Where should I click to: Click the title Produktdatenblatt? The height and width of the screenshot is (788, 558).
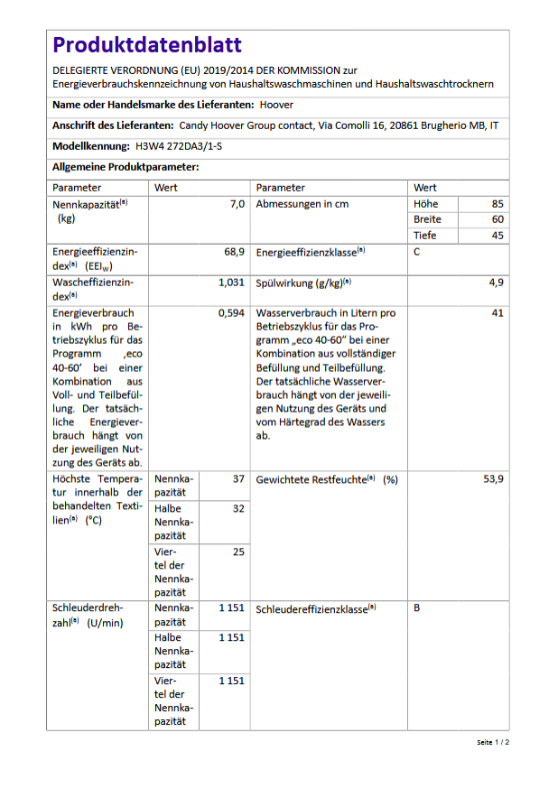click(x=146, y=45)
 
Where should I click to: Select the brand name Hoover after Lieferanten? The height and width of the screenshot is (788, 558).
click(x=275, y=105)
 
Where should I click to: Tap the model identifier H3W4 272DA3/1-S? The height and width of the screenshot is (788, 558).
click(x=179, y=146)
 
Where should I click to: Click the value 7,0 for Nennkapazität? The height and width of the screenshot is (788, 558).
click(x=237, y=204)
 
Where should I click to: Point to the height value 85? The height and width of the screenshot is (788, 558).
click(x=498, y=204)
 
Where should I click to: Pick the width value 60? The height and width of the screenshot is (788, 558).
click(x=498, y=219)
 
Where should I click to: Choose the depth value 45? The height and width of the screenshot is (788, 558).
click(x=498, y=236)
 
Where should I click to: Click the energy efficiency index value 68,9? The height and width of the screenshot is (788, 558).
click(x=234, y=252)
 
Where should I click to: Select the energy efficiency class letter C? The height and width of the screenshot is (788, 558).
click(x=417, y=252)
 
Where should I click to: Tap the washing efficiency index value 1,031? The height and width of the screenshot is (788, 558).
click(x=231, y=283)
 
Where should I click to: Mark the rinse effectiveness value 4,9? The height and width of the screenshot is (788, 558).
click(x=496, y=283)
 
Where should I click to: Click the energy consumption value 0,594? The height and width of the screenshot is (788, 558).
click(x=231, y=313)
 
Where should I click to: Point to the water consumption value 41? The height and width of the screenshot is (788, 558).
click(x=498, y=313)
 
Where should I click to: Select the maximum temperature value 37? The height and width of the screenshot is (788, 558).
click(x=238, y=479)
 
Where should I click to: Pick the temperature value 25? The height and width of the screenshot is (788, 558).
click(x=238, y=552)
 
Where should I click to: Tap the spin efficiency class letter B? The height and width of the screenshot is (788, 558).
click(x=417, y=608)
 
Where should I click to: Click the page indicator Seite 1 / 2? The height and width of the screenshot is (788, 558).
click(x=493, y=742)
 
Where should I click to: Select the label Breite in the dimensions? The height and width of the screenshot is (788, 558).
click(x=427, y=219)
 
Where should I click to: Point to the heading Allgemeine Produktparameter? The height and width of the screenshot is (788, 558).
click(x=125, y=167)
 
